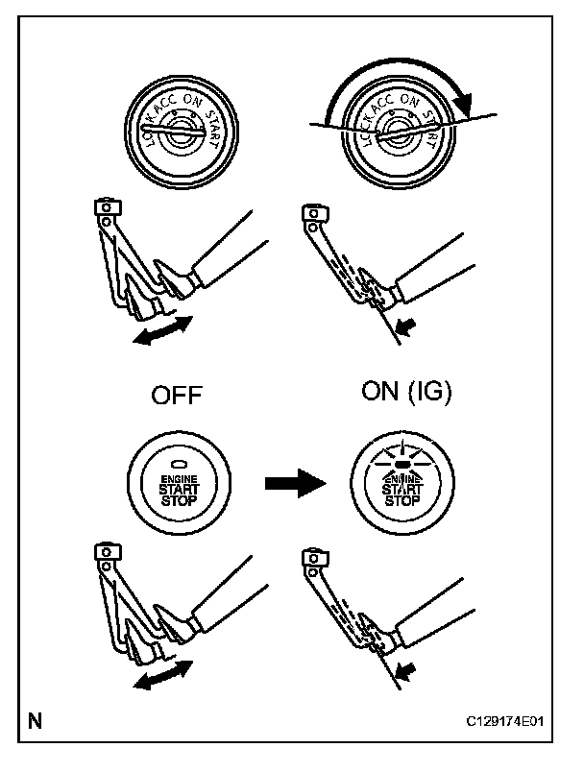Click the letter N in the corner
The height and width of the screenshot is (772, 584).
point(35,720)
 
